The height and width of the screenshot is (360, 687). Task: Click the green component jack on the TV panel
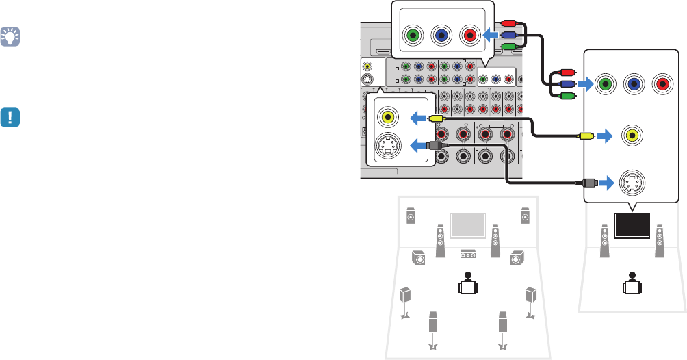click(x=606, y=86)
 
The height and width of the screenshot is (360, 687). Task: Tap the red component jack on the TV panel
click(x=662, y=86)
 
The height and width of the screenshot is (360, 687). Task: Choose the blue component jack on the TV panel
click(x=634, y=86)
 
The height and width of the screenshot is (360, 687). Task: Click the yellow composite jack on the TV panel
click(x=634, y=135)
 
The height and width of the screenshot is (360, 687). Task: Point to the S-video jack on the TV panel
click(x=634, y=183)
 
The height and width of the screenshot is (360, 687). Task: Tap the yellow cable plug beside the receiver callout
click(x=436, y=118)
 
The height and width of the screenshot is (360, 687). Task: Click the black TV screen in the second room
click(x=632, y=226)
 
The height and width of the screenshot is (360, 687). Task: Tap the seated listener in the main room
click(x=467, y=283)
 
